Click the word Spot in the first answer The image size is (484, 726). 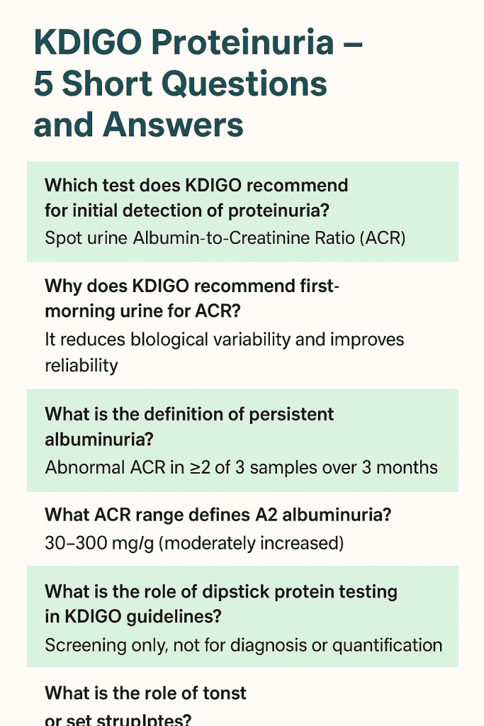[62, 238]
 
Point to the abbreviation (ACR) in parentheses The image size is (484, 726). [383, 238]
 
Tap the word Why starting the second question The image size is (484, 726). [62, 286]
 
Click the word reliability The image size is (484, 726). [81, 364]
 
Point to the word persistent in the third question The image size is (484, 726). [291, 413]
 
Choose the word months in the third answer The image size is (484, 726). [407, 467]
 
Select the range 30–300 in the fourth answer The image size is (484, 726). [76, 543]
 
